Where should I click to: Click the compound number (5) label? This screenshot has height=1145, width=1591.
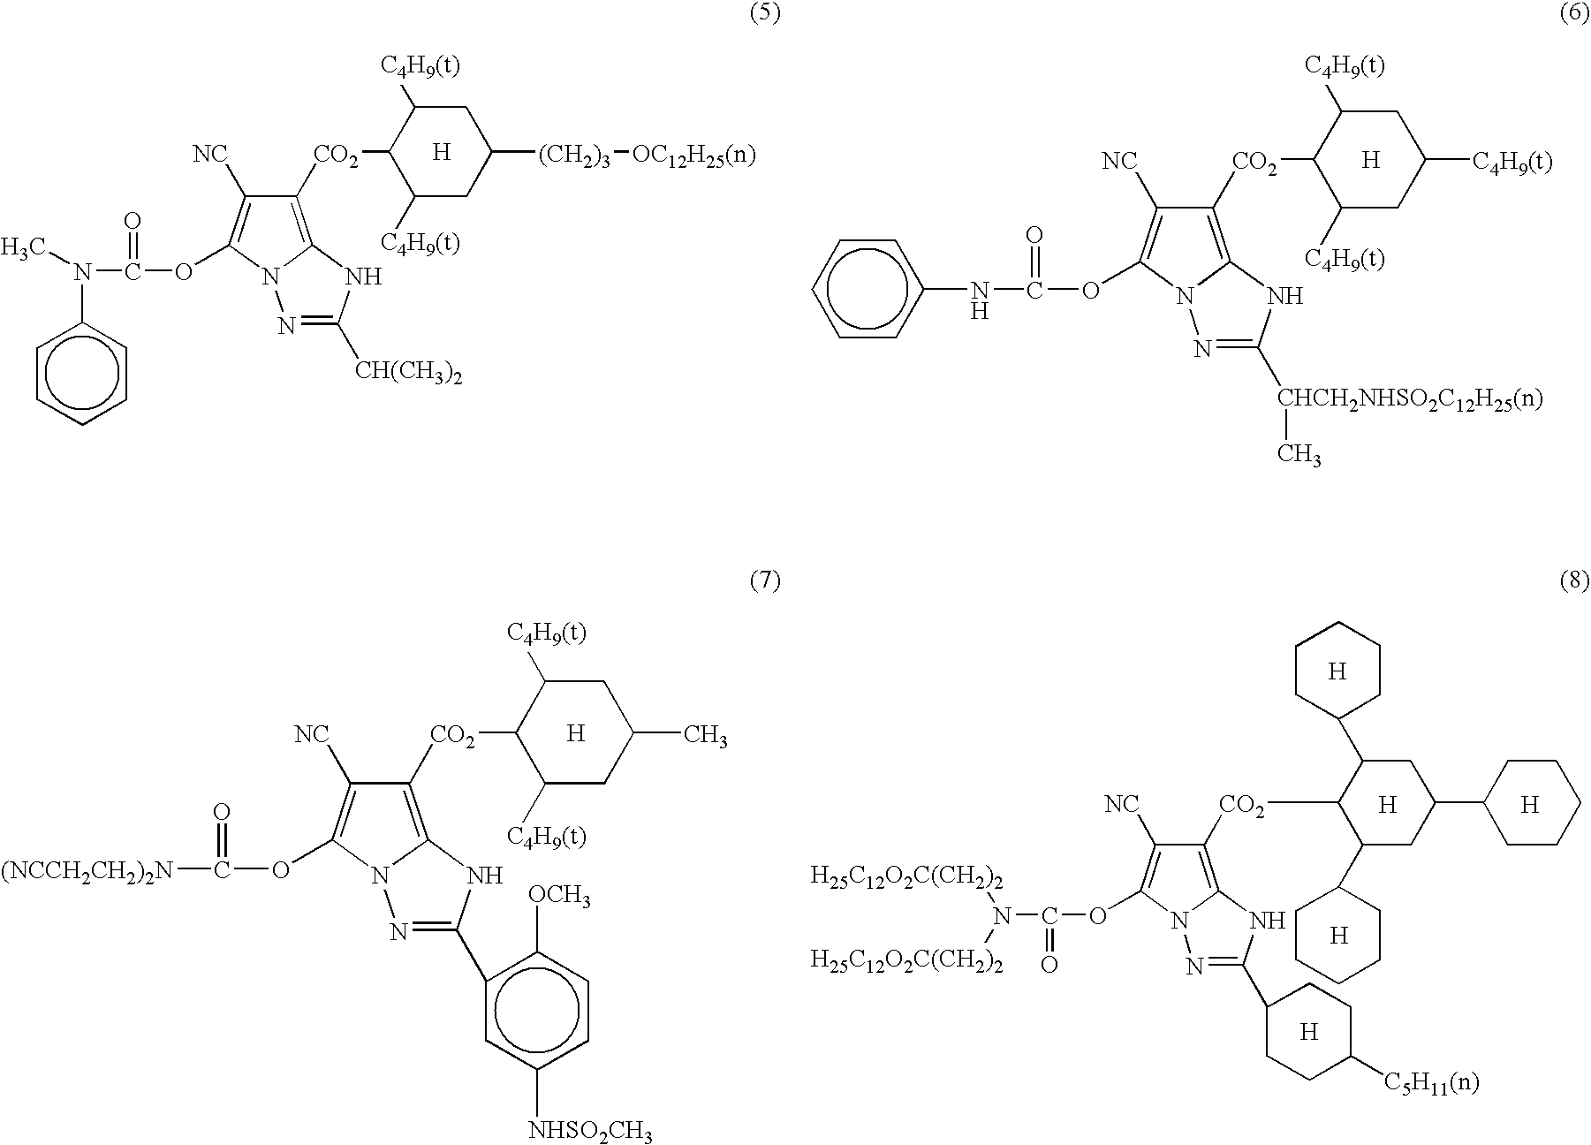(764, 15)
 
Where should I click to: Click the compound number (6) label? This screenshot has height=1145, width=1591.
(1574, 15)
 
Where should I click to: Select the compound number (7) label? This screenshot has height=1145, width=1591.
(764, 580)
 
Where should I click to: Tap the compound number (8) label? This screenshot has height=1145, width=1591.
(1574, 580)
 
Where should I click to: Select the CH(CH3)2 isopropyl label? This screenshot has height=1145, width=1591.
(409, 372)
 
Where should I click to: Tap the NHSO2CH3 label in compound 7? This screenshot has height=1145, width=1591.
(591, 1130)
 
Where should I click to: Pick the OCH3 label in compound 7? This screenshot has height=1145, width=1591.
(559, 898)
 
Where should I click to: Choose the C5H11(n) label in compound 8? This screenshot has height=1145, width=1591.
(1430, 1081)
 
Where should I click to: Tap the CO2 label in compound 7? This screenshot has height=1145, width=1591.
(452, 736)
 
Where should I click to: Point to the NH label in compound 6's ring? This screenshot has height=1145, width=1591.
(1284, 297)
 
